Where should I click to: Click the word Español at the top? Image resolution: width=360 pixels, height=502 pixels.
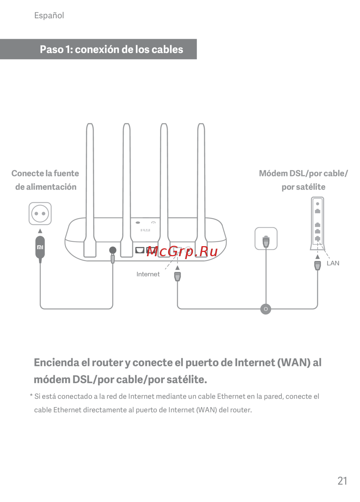tap(49, 15)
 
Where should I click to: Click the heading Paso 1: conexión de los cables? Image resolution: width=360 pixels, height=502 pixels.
tap(111, 50)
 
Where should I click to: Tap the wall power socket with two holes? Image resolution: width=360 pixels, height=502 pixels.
tap(40, 213)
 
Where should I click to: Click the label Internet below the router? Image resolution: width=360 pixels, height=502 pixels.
tap(148, 274)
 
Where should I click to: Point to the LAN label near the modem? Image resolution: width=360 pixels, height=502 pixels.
tap(333, 263)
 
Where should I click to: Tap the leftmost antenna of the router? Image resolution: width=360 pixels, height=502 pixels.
tap(90, 190)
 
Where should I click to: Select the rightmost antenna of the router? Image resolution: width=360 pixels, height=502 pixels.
tap(201, 190)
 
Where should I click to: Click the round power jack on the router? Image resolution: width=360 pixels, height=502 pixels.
tap(113, 250)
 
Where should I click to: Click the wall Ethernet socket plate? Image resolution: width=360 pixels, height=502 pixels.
tap(266, 239)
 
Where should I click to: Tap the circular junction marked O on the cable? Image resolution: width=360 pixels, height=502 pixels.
tap(266, 309)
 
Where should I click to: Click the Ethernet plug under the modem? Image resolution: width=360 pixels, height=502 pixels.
tap(318, 266)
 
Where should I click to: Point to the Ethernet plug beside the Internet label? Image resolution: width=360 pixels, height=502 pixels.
tap(177, 276)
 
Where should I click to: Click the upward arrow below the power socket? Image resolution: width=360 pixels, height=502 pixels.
tap(40, 231)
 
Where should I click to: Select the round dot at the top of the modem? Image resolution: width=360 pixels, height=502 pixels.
tap(318, 204)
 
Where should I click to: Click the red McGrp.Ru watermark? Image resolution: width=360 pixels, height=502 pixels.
tap(182, 252)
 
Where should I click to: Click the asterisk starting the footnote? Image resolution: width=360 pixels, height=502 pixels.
tap(31, 395)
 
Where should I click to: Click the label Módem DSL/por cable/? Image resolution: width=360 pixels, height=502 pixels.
tap(303, 173)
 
